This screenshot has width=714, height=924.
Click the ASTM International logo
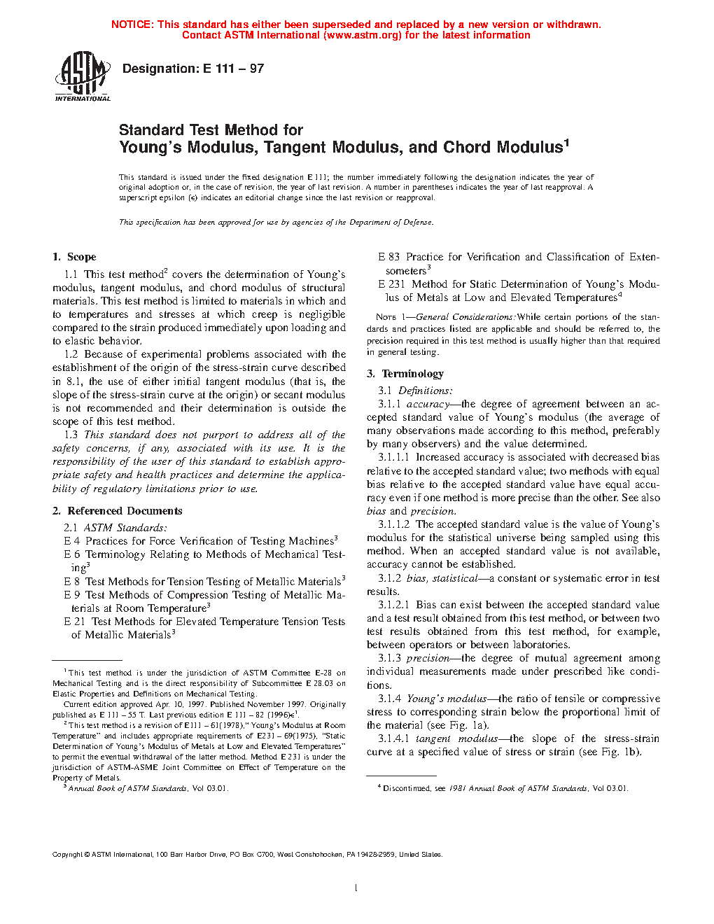click(82, 76)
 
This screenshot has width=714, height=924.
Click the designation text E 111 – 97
click(233, 69)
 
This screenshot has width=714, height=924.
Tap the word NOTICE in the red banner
click(132, 24)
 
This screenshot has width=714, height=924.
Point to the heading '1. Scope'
click(74, 257)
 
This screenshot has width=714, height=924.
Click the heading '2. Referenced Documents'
click(117, 511)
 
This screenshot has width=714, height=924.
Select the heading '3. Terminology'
click(405, 374)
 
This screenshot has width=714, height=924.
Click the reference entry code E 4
click(71, 541)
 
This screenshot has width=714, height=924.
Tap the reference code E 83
click(388, 257)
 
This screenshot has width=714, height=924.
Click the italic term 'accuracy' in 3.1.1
click(427, 404)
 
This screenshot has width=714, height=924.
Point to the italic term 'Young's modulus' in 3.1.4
click(446, 699)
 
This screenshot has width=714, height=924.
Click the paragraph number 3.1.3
click(389, 658)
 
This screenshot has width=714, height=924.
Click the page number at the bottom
click(356, 888)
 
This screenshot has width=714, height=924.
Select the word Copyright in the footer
click(67, 854)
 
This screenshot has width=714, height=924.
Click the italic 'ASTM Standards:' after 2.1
click(125, 528)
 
